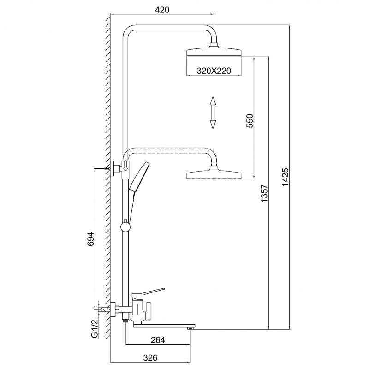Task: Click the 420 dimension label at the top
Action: coord(162,10)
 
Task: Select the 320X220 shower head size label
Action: coord(214,71)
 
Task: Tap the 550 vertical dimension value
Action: coord(250,121)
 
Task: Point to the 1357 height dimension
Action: coord(264,193)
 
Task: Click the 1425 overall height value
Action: coord(285,177)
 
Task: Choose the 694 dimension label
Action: coord(90,239)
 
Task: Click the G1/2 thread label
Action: coord(95,328)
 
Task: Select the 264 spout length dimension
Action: coord(158,340)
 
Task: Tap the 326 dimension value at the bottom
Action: coord(150,358)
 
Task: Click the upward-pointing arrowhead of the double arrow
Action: coord(213,101)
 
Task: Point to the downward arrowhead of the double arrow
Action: coord(213,125)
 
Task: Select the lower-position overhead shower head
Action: coord(214,173)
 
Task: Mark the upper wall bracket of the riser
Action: coord(116,168)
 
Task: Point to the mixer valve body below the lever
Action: coord(141,310)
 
